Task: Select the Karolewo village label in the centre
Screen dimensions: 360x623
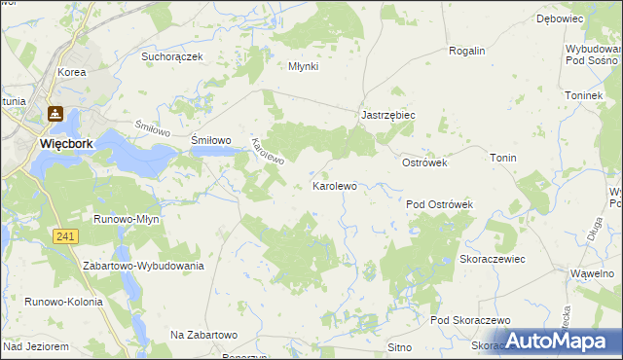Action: click(x=334, y=185)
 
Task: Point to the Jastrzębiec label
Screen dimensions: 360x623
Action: click(x=388, y=115)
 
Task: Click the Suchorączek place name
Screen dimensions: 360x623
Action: click(x=171, y=56)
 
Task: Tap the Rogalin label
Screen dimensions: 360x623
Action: click(x=466, y=51)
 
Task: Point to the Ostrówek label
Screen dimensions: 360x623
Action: click(x=424, y=162)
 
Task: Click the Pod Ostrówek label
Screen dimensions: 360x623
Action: click(x=439, y=204)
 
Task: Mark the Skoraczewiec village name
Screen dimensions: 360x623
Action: click(x=493, y=260)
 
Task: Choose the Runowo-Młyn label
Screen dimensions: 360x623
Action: click(x=126, y=219)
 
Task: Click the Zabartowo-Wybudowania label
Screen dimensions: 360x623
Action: click(x=143, y=266)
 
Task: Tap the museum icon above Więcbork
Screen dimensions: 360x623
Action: click(x=56, y=115)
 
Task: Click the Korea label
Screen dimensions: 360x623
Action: click(x=72, y=72)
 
